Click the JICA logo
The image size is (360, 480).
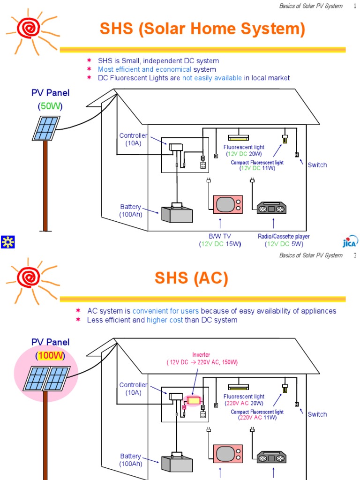350,241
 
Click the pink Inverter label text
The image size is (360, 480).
202,355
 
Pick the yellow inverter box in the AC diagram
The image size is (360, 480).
194,400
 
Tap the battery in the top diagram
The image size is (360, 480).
177,214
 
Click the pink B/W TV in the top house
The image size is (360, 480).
228,204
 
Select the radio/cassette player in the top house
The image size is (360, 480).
271,207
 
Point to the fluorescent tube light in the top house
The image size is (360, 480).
240,138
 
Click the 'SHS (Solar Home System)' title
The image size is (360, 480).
202,30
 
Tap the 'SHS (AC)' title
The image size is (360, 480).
191,279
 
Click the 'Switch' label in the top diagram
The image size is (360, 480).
317,165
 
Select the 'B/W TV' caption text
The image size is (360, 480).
220,237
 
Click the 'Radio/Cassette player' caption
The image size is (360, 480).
284,237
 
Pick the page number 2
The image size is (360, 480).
355,255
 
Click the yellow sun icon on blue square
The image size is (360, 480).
8,242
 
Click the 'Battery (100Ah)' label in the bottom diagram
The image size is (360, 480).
130,460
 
